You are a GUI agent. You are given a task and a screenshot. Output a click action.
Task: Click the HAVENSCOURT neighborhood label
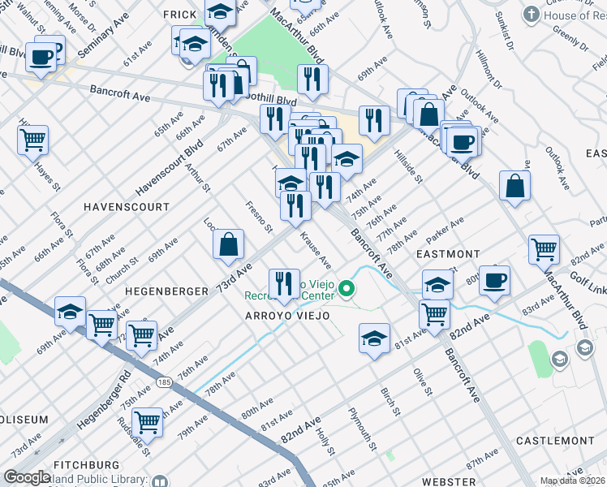[x=126, y=207]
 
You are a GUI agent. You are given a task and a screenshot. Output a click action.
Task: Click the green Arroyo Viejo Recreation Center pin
[x=347, y=288]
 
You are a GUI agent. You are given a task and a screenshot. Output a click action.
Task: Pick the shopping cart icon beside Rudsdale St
[x=147, y=420]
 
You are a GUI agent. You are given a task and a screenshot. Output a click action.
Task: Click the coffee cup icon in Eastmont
[x=494, y=281]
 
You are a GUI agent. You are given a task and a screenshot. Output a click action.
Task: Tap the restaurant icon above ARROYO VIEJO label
[x=283, y=282]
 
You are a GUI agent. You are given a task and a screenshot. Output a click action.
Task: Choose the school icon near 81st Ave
[x=375, y=338]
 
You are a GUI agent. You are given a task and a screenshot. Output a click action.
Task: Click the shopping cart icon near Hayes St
[x=32, y=140]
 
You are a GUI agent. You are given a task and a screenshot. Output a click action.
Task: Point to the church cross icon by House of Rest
[x=531, y=15]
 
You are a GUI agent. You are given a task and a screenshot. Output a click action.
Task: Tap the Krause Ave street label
[x=316, y=251]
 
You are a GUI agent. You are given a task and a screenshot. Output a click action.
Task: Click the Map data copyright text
[x=572, y=481]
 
